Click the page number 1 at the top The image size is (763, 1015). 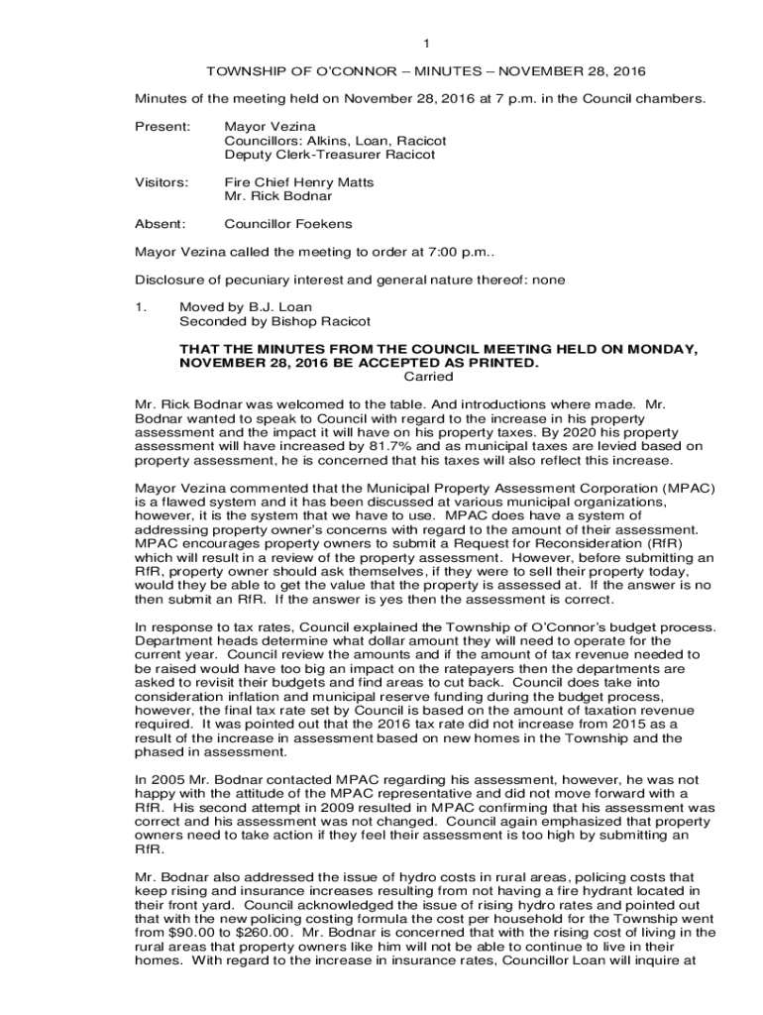(x=426, y=44)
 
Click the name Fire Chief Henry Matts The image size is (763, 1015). (x=299, y=182)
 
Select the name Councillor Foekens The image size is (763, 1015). (x=288, y=224)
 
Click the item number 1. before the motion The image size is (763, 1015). (x=141, y=307)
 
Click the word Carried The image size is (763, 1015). (x=430, y=377)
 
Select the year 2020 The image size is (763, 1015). (x=587, y=432)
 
